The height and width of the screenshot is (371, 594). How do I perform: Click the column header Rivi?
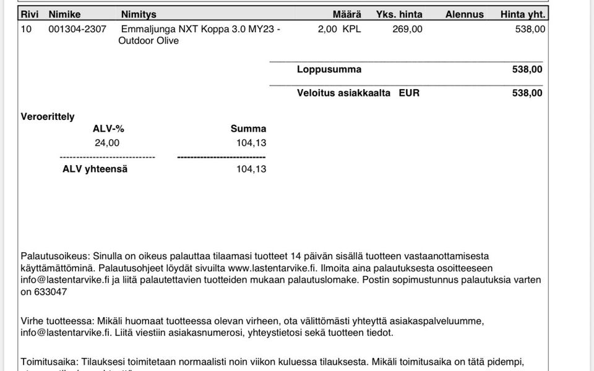click(29, 14)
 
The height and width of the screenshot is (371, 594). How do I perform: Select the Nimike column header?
click(64, 14)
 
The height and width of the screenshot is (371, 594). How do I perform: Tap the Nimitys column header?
click(139, 14)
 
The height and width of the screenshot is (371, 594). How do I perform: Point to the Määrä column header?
click(346, 14)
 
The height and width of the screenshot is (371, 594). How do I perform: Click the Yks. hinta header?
click(399, 14)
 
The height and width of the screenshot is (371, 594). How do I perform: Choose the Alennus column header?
click(464, 14)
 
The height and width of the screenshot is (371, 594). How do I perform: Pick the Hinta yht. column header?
click(523, 14)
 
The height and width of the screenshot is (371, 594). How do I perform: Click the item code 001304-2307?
click(77, 29)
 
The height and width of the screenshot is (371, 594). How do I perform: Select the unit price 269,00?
click(407, 29)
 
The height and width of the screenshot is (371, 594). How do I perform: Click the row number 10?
click(26, 29)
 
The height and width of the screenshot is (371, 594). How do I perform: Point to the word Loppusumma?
click(329, 70)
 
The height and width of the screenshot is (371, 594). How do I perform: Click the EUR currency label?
click(409, 93)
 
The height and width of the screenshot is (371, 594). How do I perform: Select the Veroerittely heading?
click(48, 116)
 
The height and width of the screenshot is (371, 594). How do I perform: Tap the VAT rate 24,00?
click(107, 143)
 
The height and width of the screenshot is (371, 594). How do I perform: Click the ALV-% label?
click(108, 129)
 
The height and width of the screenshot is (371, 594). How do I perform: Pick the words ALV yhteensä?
click(95, 169)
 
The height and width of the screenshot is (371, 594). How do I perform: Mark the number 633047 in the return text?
click(51, 292)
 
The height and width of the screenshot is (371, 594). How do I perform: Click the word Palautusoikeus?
click(54, 255)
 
